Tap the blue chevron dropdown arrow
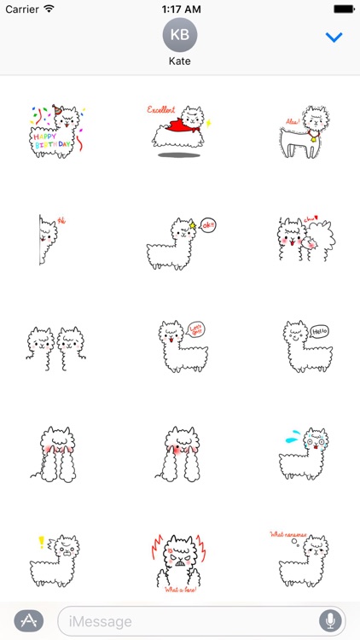click(x=334, y=38)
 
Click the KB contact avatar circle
click(x=179, y=35)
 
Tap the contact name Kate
click(x=179, y=62)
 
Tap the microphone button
click(x=328, y=620)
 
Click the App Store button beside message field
click(x=28, y=620)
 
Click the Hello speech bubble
click(x=319, y=331)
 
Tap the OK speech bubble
click(x=210, y=225)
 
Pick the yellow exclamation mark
click(x=40, y=542)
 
